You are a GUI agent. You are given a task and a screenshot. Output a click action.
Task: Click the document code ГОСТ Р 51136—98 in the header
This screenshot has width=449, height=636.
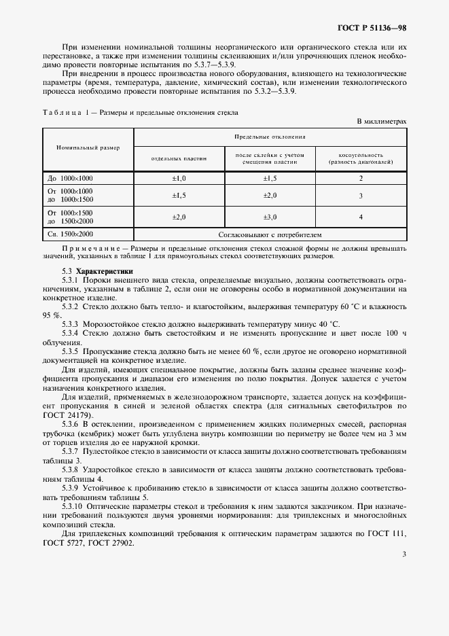(372, 29)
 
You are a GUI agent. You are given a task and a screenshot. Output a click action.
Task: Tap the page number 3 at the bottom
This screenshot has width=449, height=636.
(403, 554)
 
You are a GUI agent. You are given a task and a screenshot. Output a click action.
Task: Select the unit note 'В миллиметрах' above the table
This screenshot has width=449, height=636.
(382, 121)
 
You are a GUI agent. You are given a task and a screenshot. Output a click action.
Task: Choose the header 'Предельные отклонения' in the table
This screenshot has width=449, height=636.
(270, 137)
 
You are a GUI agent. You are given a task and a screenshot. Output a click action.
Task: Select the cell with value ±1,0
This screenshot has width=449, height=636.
(179, 178)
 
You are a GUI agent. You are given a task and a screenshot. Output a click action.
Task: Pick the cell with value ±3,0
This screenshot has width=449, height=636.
(270, 217)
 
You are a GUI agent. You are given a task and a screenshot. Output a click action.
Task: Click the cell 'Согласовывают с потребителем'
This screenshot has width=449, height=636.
(270, 234)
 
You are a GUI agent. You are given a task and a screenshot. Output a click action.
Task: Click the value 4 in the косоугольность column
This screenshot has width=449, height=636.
(361, 217)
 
